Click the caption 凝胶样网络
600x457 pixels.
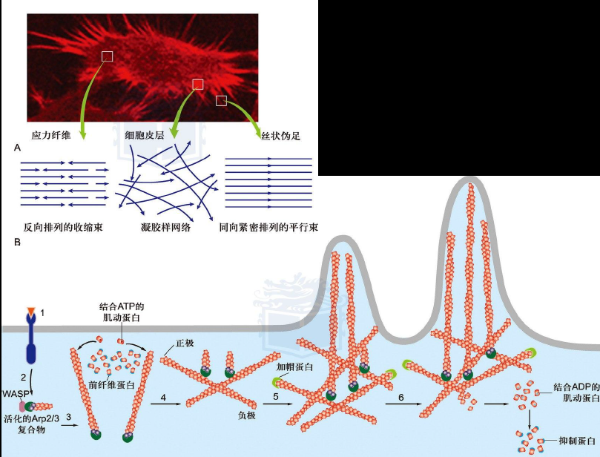[x=165, y=227]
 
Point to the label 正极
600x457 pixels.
[x=185, y=344]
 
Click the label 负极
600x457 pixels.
[x=246, y=415]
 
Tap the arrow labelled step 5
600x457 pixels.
[x=277, y=404]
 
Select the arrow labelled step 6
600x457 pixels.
[x=401, y=404]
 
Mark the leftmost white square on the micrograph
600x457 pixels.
[x=108, y=56]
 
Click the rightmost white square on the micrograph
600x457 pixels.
[x=221, y=100]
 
